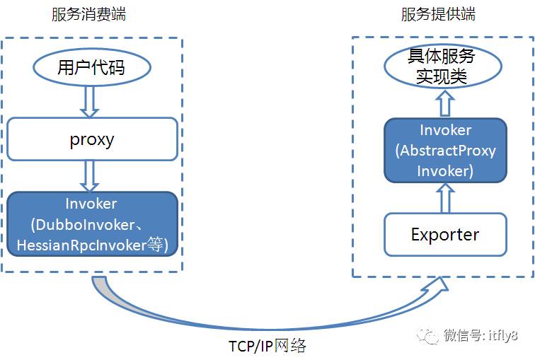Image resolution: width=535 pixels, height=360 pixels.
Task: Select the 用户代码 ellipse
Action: [x=92, y=68]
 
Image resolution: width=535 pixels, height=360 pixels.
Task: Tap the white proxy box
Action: [x=92, y=139]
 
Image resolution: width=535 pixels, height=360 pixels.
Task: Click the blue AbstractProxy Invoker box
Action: [x=445, y=151]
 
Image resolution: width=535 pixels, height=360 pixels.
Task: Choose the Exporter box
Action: [x=445, y=234]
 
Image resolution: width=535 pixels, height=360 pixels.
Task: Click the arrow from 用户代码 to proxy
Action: [x=89, y=101]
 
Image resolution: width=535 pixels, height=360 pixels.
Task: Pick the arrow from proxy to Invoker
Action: [x=89, y=175]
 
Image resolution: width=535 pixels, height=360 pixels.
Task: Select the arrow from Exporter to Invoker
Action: [x=444, y=197]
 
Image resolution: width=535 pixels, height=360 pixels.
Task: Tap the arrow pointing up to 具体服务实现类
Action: [x=444, y=105]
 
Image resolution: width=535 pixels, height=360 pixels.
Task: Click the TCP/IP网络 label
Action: [x=267, y=346]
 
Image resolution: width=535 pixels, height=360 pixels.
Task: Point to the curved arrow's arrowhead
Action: [x=437, y=286]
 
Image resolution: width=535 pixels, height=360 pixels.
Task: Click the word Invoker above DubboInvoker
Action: [x=91, y=204]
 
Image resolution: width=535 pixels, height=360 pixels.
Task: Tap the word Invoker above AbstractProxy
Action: [x=445, y=131]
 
